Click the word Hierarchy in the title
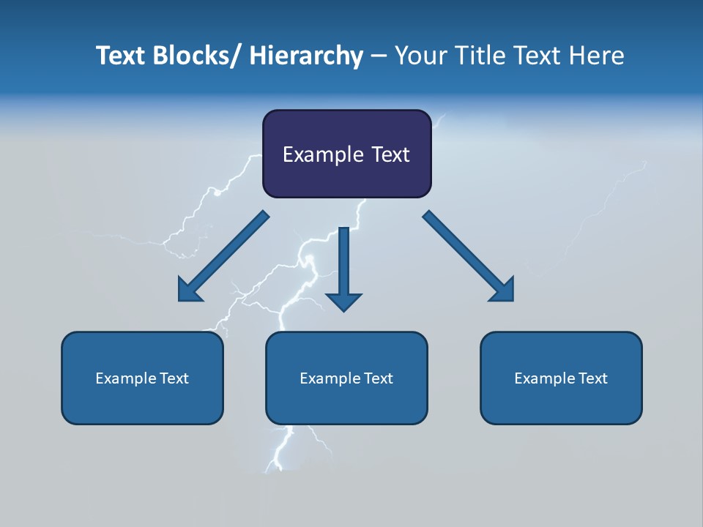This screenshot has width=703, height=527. [306, 56]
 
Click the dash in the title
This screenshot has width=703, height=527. [378, 56]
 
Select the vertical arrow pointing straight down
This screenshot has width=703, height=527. [343, 263]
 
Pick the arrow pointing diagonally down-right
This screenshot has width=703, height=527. [466, 253]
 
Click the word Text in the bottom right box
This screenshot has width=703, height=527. [592, 378]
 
